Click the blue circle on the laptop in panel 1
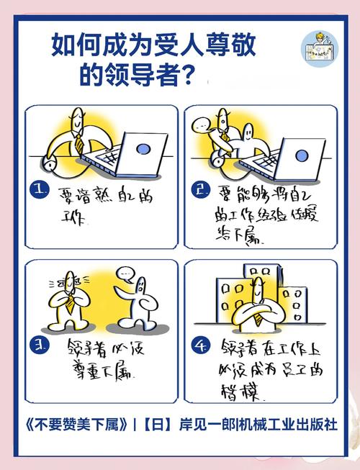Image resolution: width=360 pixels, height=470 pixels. point(143,149)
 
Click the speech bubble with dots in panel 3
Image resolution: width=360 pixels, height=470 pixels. point(127,274)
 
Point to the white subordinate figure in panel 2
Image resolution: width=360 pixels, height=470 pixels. point(246,144)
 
